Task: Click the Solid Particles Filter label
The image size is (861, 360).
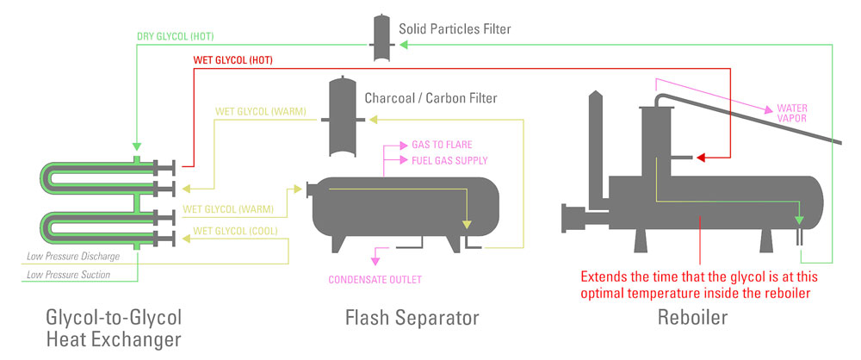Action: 455,29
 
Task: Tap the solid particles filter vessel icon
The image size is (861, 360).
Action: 381,38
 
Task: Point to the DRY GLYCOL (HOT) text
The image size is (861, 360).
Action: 176,36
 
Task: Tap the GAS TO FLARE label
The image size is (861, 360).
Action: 441,144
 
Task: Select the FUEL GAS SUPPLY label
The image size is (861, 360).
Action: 449,160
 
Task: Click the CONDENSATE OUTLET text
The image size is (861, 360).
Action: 375,279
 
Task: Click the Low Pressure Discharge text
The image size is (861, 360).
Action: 72,257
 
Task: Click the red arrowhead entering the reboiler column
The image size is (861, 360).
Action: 701,158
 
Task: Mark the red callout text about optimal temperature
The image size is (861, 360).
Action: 697,285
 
